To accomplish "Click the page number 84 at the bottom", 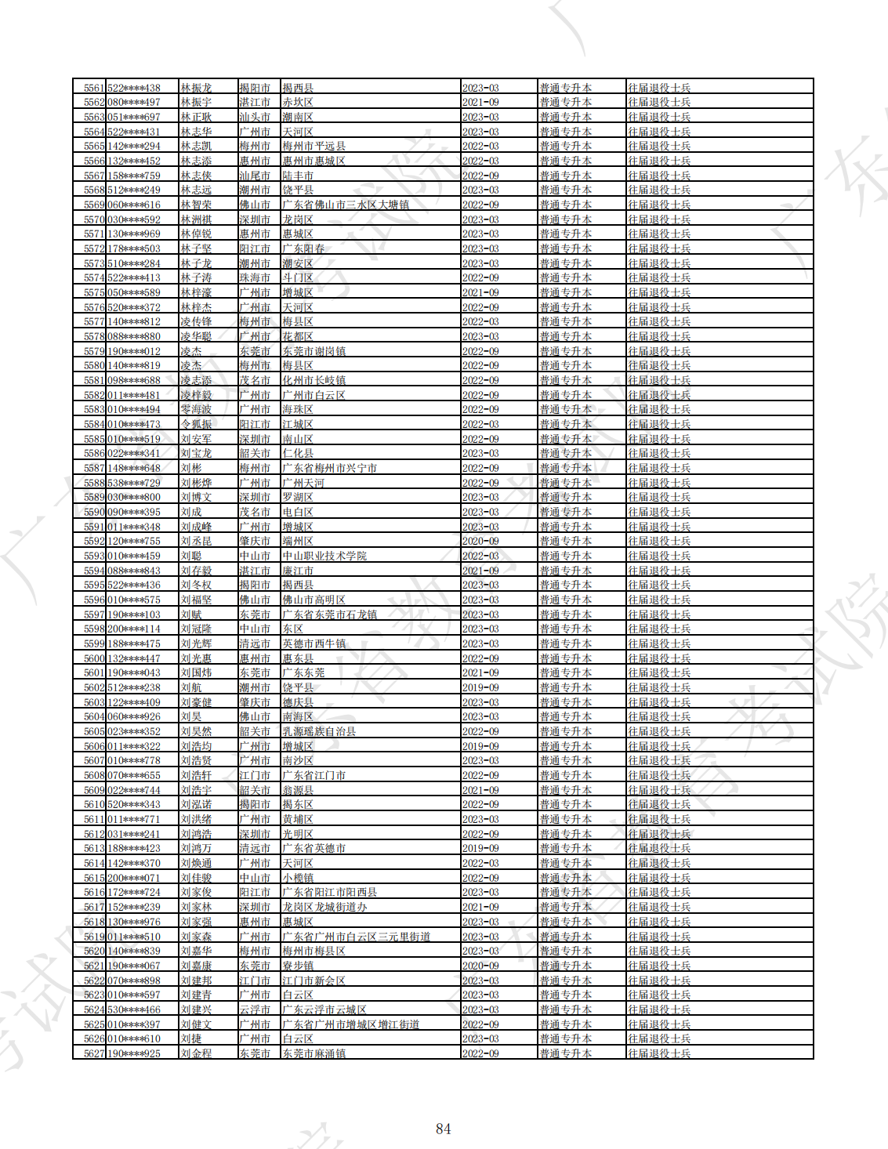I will pyautogui.click(x=443, y=1129).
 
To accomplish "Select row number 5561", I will pyautogui.click(x=94, y=88).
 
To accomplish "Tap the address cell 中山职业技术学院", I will pyautogui.click(x=324, y=556).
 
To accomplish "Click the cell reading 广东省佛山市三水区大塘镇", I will pyautogui.click(x=346, y=205).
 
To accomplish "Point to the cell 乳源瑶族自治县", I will pyautogui.click(x=319, y=731).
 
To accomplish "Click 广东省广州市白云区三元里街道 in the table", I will pyautogui.click(x=356, y=937).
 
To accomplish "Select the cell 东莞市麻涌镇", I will pyautogui.click(x=314, y=1053).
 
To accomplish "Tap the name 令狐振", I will pyautogui.click(x=196, y=424).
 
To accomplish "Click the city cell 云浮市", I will pyautogui.click(x=255, y=1009).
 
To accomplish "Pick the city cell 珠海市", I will pyautogui.click(x=255, y=277).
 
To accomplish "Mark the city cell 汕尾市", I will pyautogui.click(x=255, y=176).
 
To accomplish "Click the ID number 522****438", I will pyautogui.click(x=134, y=88).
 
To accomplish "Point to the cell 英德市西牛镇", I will pyautogui.click(x=314, y=643).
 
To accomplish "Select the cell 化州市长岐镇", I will pyautogui.click(x=314, y=380).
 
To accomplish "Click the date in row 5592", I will pyautogui.click(x=480, y=541).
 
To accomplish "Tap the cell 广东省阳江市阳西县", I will pyautogui.click(x=329, y=892).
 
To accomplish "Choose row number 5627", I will pyautogui.click(x=94, y=1053).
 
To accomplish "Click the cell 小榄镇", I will pyautogui.click(x=298, y=878).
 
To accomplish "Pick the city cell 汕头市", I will pyautogui.click(x=255, y=117).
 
